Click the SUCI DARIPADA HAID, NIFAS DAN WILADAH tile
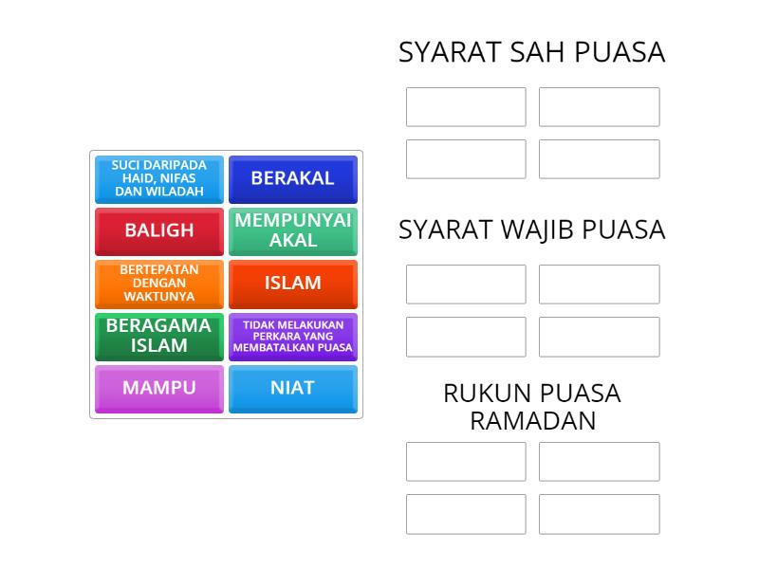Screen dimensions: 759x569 click(159, 179)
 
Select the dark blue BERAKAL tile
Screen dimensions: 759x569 click(293, 179)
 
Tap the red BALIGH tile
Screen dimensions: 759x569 click(159, 231)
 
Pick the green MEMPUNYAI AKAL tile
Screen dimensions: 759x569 click(293, 231)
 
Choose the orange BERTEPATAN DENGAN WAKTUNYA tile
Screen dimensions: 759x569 click(159, 284)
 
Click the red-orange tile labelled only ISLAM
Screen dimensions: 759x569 click(293, 284)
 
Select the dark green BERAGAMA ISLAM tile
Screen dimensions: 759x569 click(159, 337)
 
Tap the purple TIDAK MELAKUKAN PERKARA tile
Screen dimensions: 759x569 click(293, 337)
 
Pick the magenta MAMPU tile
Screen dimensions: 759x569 click(159, 389)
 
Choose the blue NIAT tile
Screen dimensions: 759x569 click(293, 389)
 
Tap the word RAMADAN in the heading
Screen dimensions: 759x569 click(533, 420)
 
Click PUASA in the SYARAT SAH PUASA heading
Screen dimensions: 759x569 click(620, 52)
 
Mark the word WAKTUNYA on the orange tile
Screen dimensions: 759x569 click(159, 296)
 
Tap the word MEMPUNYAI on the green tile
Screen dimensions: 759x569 click(293, 221)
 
